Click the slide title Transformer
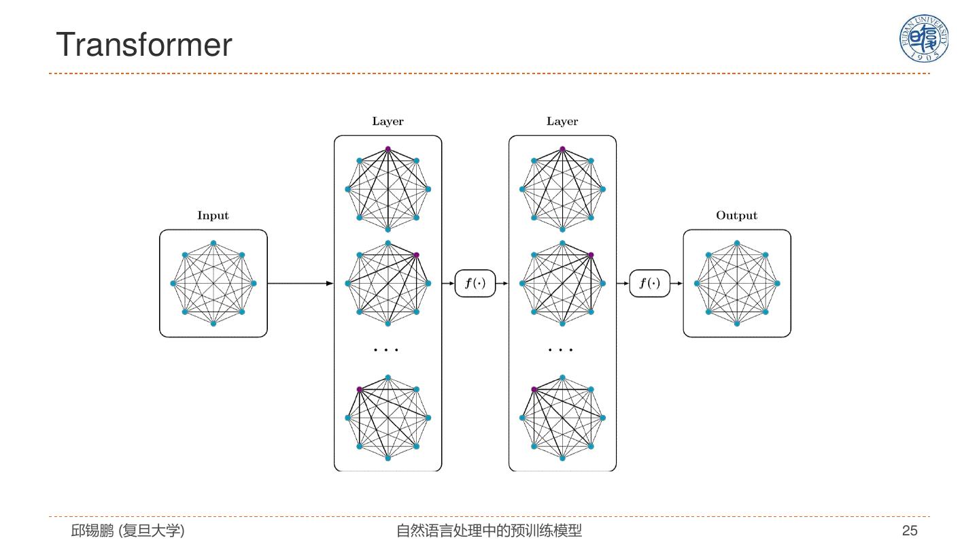(144, 45)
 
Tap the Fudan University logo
(923, 38)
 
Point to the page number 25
(910, 531)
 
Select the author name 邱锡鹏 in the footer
(92, 531)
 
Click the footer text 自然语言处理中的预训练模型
(489, 531)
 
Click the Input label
(213, 215)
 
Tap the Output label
(736, 215)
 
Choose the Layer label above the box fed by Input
(388, 121)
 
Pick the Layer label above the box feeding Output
(562, 121)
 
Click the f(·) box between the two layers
(475, 284)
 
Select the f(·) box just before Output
(649, 284)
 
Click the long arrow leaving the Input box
(300, 284)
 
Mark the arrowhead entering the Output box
(680, 284)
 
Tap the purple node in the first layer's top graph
(388, 149)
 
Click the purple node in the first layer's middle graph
(416, 255)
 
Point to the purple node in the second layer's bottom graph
(534, 389)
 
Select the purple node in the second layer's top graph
(562, 149)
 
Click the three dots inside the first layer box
(386, 350)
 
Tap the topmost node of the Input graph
(213, 243)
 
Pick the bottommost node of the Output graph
(737, 324)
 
